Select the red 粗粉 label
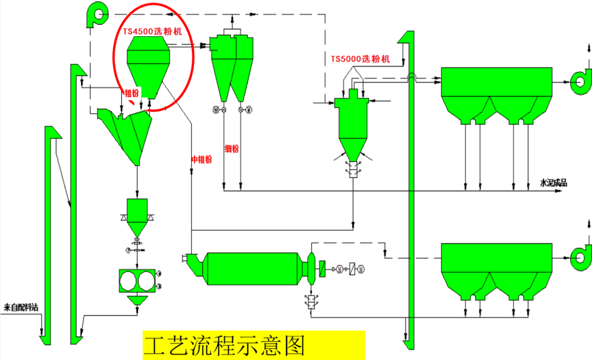(132, 93)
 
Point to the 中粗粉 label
(201, 159)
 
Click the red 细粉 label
(232, 148)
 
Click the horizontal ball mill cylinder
(252, 268)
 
